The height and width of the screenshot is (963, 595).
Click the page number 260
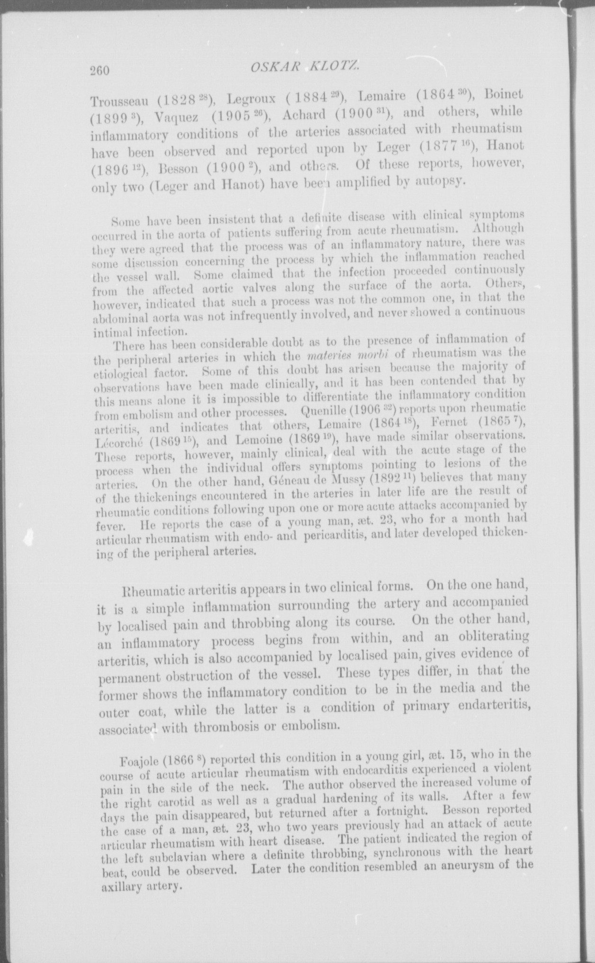(x=99, y=71)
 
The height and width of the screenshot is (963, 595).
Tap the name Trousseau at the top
(x=119, y=101)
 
